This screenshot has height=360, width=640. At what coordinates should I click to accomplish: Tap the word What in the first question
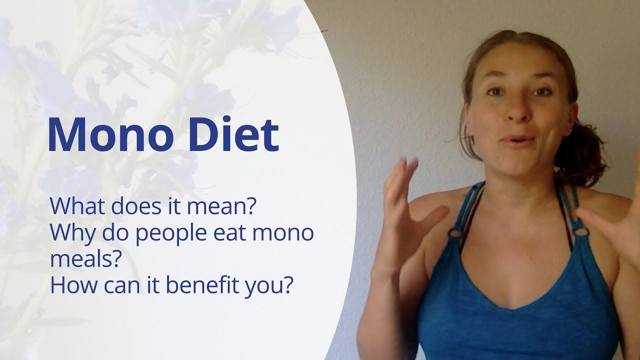(76, 206)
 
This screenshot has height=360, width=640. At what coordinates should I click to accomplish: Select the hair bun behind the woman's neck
(582, 150)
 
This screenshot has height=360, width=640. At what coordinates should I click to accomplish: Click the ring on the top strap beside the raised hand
(455, 232)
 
